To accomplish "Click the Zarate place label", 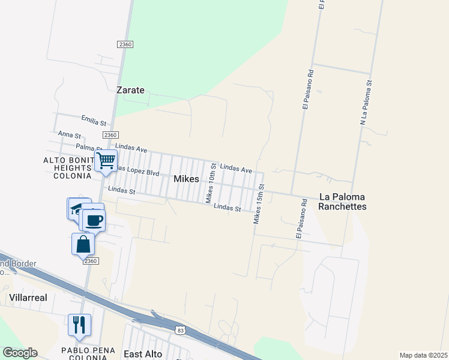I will [130, 90].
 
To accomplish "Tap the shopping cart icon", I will [106, 161].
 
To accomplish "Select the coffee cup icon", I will [94, 220].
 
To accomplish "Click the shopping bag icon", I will [83, 245].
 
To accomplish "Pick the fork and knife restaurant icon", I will [79, 325].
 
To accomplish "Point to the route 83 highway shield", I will [181, 330].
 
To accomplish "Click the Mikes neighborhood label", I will [186, 179].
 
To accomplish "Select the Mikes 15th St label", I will [259, 205].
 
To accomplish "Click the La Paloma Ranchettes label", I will [343, 201].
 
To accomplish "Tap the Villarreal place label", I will [28, 298].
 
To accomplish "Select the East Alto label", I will [143, 354].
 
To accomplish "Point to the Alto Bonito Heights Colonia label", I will [67, 167].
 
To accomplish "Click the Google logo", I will [20, 353].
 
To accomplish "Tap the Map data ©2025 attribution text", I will [423, 355].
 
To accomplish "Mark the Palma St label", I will [89, 148].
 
